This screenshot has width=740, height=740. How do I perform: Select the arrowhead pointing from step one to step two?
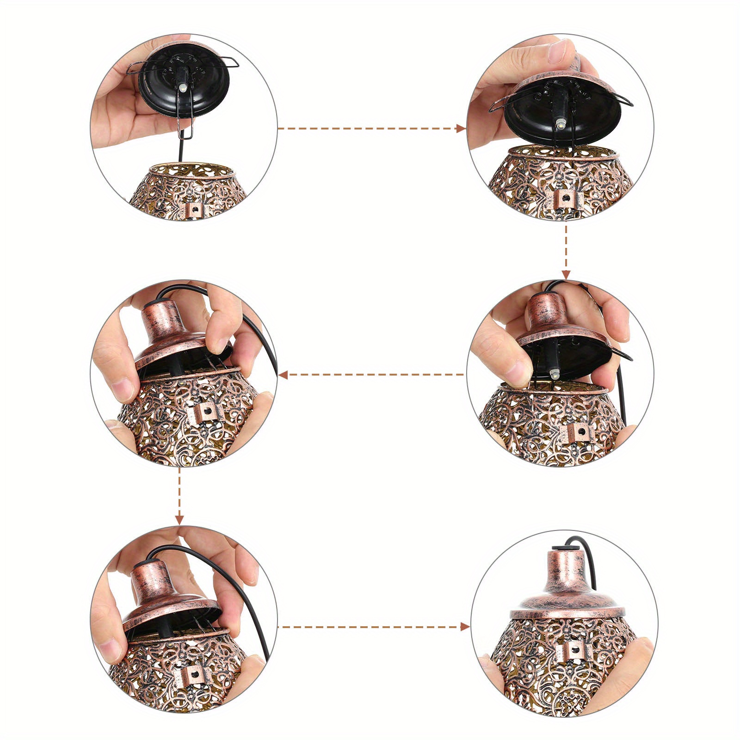click(461, 128)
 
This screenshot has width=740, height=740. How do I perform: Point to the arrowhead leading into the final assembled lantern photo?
click(465, 627)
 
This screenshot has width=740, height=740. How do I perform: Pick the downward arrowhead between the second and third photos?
click(566, 274)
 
